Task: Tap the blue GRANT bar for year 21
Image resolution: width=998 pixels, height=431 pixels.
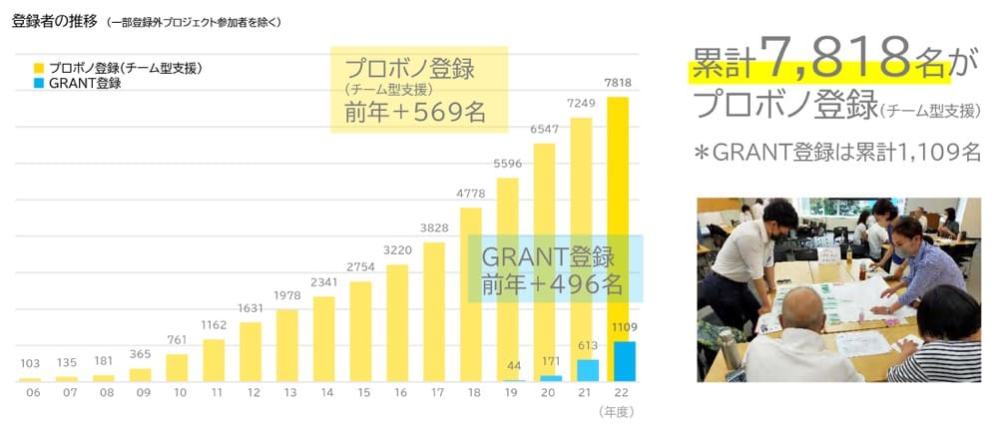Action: [x=588, y=370]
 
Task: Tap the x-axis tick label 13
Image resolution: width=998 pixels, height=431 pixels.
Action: [x=287, y=394]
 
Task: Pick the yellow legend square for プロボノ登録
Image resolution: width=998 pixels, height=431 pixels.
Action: [x=39, y=69]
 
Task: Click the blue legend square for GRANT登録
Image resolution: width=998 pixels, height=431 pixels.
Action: [x=39, y=84]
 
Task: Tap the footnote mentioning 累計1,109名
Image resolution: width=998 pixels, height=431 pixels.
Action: [x=837, y=153]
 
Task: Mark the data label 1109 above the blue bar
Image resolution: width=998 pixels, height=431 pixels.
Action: [x=624, y=327]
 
